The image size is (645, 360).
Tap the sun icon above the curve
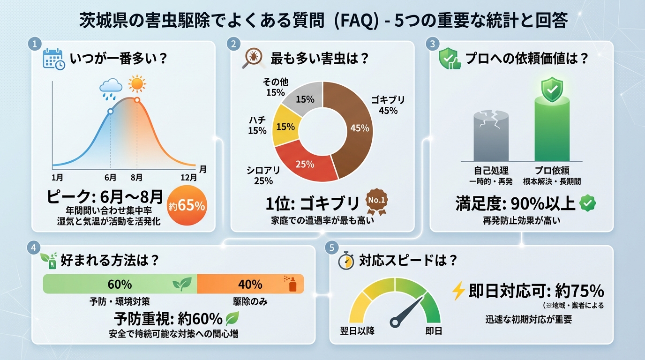click(137, 84)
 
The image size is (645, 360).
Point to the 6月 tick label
click(111, 177)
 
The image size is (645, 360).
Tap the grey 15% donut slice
click(307, 98)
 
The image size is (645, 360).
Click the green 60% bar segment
click(120, 284)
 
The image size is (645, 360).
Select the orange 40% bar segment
click(250, 284)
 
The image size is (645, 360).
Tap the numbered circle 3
click(432, 44)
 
